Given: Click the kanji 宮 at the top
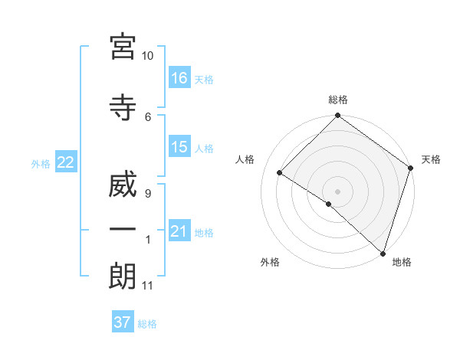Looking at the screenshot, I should coord(122,47).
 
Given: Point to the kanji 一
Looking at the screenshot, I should coord(122,229).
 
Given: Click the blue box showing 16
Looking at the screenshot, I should coord(179,78).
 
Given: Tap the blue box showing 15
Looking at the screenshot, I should coord(179,147).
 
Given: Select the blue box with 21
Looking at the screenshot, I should coord(179,231).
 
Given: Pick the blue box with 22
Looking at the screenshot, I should coord(65,162).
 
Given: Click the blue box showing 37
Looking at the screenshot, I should coord(123,322).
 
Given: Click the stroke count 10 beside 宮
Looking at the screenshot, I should coord(148,56).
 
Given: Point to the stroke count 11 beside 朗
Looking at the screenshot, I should coord(147,286).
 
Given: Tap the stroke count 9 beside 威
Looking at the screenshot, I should coord(147,194).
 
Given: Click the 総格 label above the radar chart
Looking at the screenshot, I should coord(337,100).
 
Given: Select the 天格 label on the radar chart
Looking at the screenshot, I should coord(431,159).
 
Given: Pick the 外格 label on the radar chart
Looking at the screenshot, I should coord(270,262).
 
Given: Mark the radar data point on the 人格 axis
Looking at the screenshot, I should coord(280,173).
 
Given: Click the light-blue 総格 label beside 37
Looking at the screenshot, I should coord(147,324).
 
